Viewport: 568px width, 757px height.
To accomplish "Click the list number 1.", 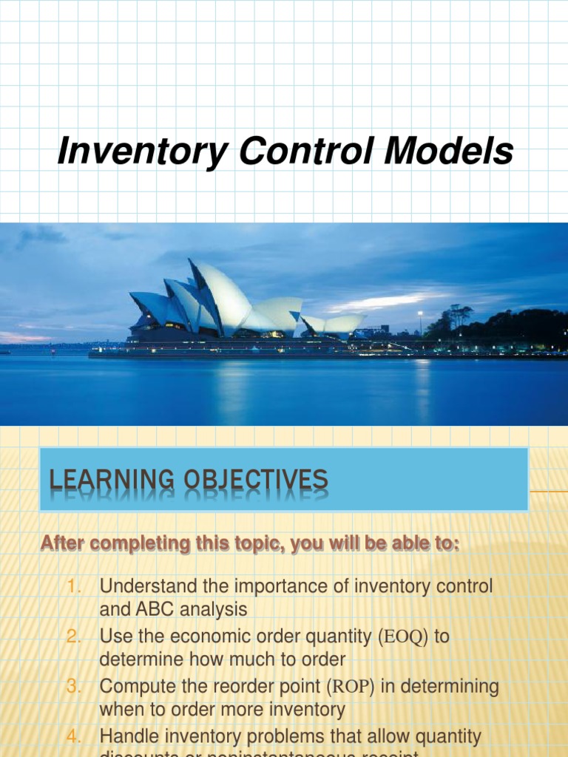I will tap(74, 587).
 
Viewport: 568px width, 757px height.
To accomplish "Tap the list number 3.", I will tap(74, 687).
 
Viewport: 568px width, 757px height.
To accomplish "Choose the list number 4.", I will tap(74, 737).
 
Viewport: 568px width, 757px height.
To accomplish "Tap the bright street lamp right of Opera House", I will tap(420, 313).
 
